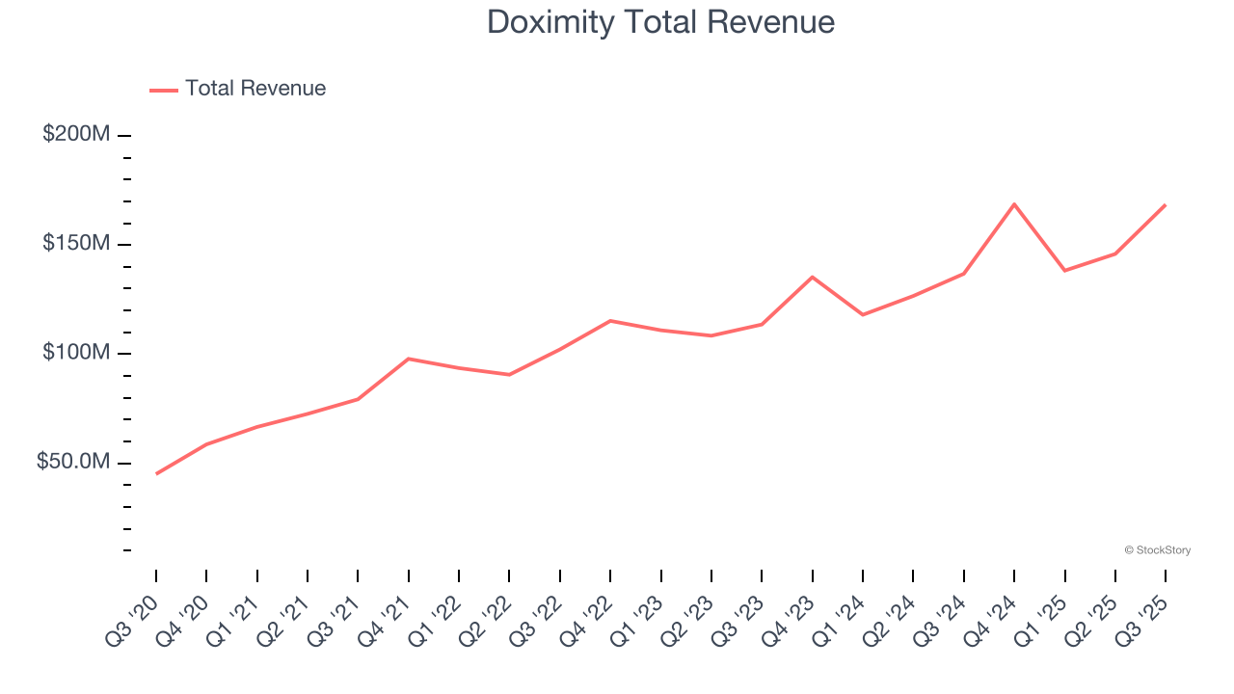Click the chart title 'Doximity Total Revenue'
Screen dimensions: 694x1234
pos(660,22)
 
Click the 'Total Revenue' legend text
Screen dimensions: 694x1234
pos(255,89)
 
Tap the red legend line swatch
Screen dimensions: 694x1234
pos(164,90)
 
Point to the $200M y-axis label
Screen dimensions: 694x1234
pos(75,134)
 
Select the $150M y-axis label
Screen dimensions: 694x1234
pos(75,244)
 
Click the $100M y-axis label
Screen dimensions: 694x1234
pos(75,353)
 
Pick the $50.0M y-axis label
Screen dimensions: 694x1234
pos(72,463)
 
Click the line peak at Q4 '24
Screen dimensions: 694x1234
pos(1014,204)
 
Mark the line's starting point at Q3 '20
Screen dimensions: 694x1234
pos(156,473)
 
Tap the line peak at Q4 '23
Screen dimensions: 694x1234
pos(813,278)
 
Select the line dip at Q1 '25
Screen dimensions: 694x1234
pos(1064,270)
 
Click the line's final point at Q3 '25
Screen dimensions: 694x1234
pos(1165,205)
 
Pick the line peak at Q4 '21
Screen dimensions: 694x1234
pos(409,359)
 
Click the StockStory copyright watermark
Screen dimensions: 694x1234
pos(1157,550)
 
